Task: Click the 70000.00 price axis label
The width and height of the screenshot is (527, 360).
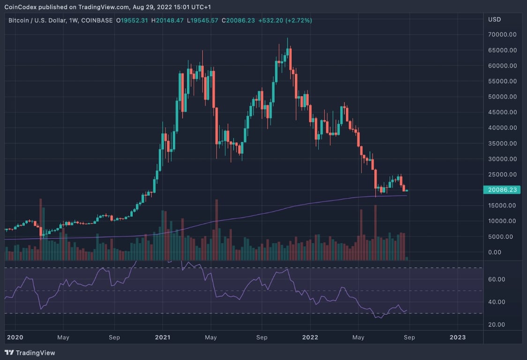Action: (503, 35)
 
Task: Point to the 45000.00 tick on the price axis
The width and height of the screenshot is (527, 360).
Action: (503, 112)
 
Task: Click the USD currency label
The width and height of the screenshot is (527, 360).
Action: (494, 20)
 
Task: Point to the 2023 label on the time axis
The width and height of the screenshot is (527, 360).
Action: (458, 337)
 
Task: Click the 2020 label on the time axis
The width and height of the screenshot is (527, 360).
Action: (15, 337)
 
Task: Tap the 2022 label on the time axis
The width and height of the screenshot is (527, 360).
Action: (310, 337)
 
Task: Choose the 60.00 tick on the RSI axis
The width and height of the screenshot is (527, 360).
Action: (497, 279)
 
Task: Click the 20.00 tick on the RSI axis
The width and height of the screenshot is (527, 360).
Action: (497, 325)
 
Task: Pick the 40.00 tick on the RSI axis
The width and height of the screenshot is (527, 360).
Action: (497, 302)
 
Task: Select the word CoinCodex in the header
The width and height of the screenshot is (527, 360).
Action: (21, 7)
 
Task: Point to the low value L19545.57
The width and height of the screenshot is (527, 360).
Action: (203, 21)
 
